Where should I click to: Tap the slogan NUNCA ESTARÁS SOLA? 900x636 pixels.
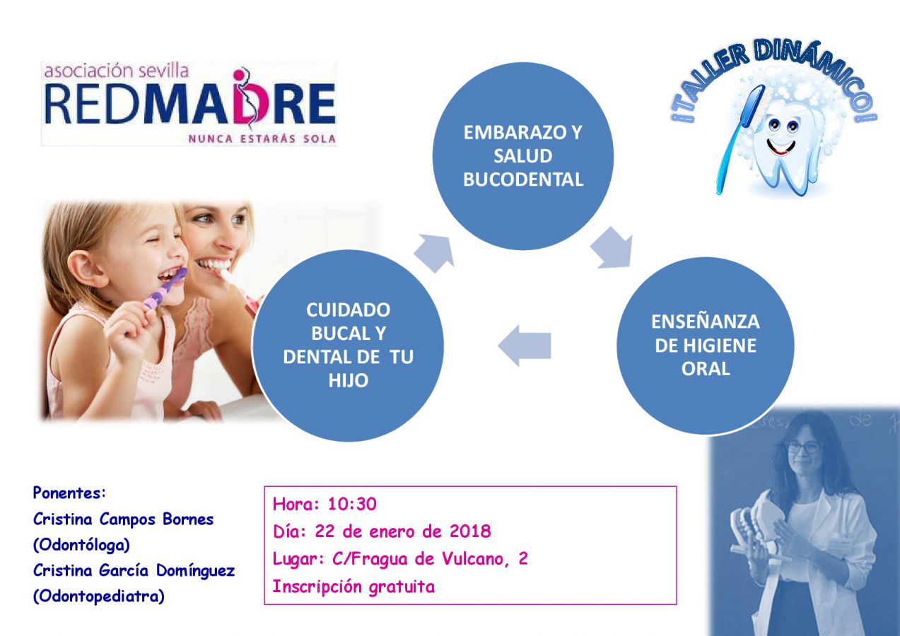(262, 139)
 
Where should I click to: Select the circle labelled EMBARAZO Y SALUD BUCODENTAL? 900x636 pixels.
(522, 155)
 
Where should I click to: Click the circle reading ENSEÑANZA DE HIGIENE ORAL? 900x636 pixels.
(705, 346)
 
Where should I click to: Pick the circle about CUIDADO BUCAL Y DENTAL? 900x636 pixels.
(348, 346)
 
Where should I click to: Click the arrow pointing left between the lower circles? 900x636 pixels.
(525, 346)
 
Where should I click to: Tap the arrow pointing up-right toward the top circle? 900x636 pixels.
(435, 253)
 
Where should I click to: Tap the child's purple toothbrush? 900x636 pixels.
(165, 290)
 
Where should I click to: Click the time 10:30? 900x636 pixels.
(352, 504)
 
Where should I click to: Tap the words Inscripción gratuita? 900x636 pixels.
(353, 587)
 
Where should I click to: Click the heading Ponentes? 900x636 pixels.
(69, 493)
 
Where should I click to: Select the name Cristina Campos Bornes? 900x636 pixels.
(123, 519)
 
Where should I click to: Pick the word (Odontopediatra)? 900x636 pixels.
(99, 596)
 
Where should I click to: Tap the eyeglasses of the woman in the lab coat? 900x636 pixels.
(804, 447)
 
